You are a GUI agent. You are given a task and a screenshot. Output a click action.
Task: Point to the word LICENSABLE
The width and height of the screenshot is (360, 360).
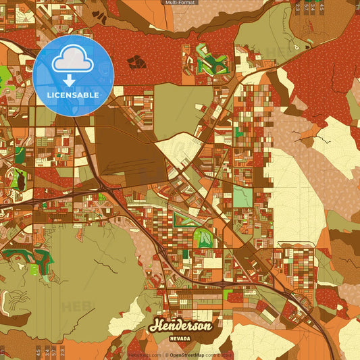73,95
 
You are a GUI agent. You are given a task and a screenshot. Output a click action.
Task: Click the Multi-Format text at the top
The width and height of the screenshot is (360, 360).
179,3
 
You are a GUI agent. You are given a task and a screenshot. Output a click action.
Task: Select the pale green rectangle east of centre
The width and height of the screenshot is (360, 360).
242,197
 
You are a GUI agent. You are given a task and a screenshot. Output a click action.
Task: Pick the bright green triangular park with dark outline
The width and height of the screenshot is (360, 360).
204,238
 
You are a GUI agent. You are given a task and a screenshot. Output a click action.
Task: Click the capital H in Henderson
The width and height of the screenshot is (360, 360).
157,325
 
